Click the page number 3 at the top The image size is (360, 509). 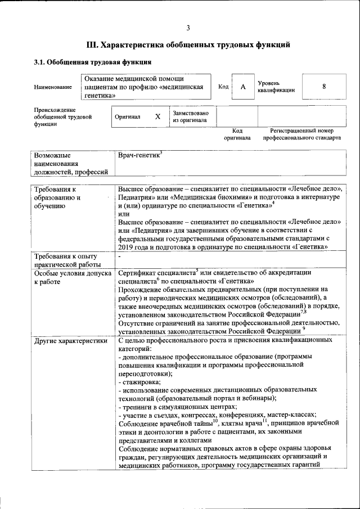click(x=188, y=28)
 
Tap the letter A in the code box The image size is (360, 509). click(x=243, y=87)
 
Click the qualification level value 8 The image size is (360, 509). click(x=324, y=87)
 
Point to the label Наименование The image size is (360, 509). click(x=53, y=87)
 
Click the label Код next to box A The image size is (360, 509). click(x=223, y=87)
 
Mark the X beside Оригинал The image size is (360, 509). click(x=158, y=116)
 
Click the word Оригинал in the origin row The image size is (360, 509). click(x=127, y=116)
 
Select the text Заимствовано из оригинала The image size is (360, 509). click(x=191, y=116)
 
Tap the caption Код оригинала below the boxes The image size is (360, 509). click(x=237, y=134)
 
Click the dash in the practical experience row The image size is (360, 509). click(x=120, y=256)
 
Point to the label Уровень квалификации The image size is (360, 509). click(x=276, y=87)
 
